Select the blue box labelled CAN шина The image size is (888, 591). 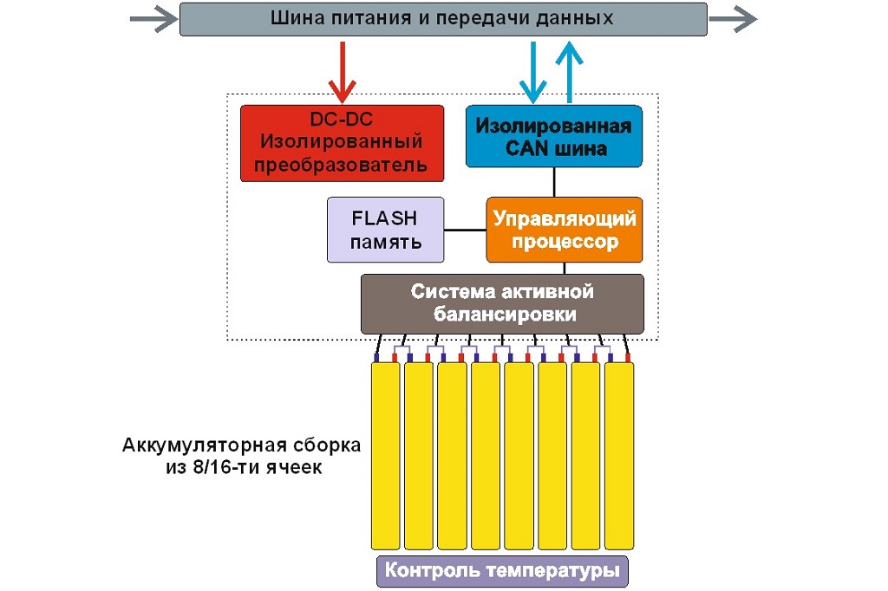(x=554, y=136)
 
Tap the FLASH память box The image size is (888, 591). (x=385, y=230)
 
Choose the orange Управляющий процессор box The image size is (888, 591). (x=565, y=230)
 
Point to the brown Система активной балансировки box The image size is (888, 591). (x=503, y=303)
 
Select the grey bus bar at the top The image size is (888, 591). (x=442, y=19)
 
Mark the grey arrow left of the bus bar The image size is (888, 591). (x=153, y=20)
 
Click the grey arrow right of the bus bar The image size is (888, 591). (x=733, y=19)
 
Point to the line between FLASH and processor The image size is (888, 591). (x=465, y=230)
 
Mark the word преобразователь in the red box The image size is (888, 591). (x=342, y=165)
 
